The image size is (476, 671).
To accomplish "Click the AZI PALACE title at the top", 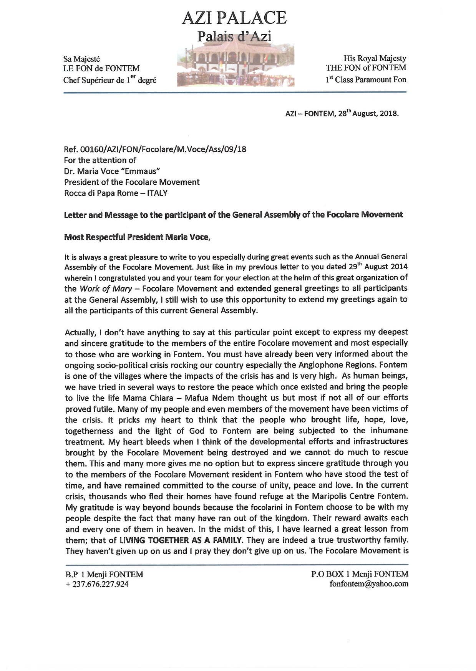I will [234, 18].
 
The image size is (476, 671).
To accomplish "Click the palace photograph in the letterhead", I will [236, 65].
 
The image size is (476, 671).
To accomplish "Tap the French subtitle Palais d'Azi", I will [234, 36].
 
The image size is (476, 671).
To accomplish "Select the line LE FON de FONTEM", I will [101, 69].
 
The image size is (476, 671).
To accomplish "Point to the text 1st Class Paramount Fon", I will [366, 80].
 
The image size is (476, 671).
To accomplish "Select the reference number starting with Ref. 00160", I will [155, 149].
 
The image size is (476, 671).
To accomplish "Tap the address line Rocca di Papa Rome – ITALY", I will [116, 193].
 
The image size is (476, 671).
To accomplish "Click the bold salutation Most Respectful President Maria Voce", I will [137, 237].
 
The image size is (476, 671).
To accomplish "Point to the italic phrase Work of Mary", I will [106, 289].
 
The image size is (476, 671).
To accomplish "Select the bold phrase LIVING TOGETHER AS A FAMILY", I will [181, 540].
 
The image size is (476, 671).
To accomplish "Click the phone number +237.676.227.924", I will [97, 584].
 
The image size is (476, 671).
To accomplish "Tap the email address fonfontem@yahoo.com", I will [369, 584].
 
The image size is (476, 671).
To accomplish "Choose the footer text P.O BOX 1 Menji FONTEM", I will [360, 574].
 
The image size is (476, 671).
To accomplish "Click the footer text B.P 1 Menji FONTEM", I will [104, 575].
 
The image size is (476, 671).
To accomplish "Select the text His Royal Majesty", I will [375, 58].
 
